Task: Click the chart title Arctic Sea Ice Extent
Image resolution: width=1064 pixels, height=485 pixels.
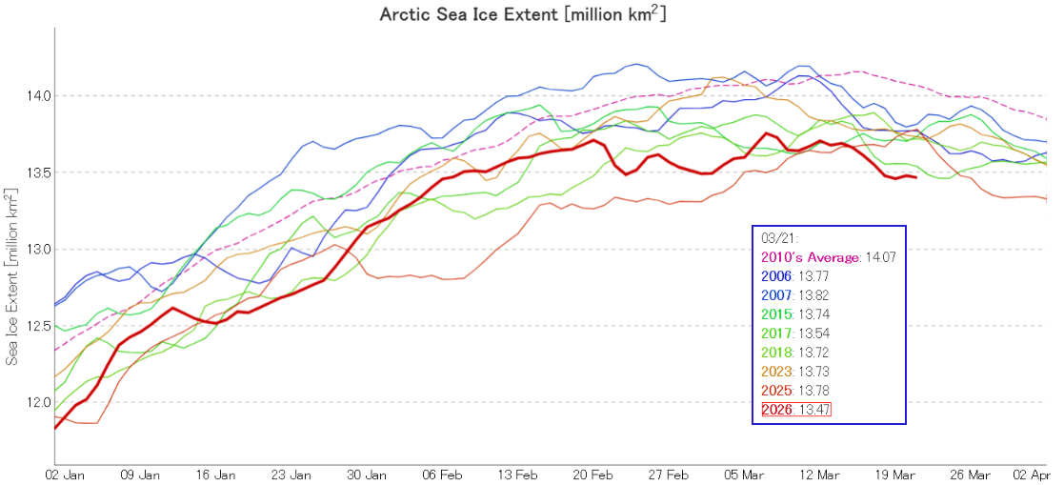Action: (523, 14)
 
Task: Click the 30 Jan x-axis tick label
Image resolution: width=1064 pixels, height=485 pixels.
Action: (367, 474)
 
